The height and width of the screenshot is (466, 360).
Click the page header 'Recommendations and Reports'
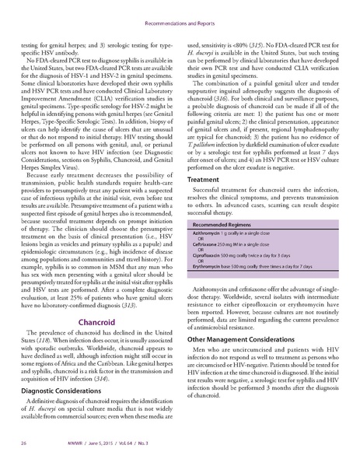[180, 12]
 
